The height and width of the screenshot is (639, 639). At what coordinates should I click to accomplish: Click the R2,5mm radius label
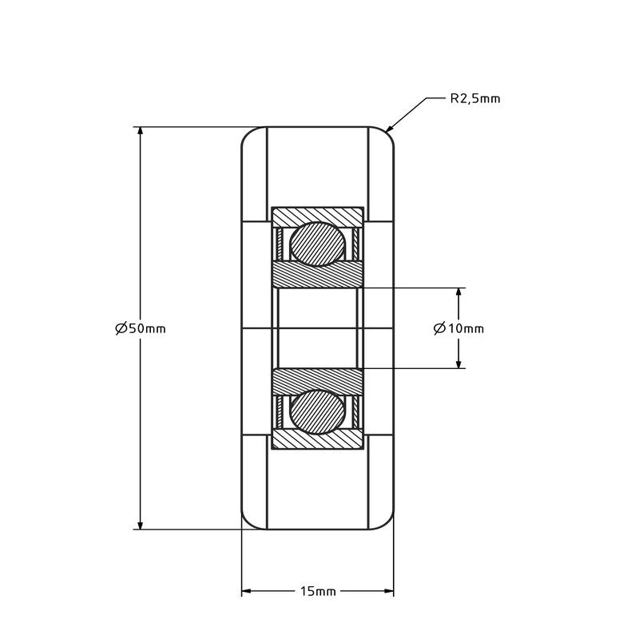(x=475, y=99)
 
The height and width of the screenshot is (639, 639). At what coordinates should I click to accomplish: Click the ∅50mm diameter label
(x=141, y=328)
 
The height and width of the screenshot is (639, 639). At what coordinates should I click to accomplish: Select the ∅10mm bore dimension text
(x=458, y=328)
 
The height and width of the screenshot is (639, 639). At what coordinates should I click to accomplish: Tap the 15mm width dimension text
(x=318, y=592)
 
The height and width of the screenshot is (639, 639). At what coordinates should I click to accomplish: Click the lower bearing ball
(x=318, y=412)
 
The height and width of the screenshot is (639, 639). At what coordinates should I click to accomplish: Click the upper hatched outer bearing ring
(x=318, y=216)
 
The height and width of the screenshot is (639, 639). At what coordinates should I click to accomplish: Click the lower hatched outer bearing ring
(x=318, y=439)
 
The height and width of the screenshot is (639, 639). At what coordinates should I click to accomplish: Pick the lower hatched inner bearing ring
(x=318, y=381)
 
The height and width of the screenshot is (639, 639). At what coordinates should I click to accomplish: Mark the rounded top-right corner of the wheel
(x=388, y=133)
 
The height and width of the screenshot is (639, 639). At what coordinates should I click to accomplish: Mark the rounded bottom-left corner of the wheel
(x=248, y=522)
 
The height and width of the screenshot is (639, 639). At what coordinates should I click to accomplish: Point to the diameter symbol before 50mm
(x=121, y=328)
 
